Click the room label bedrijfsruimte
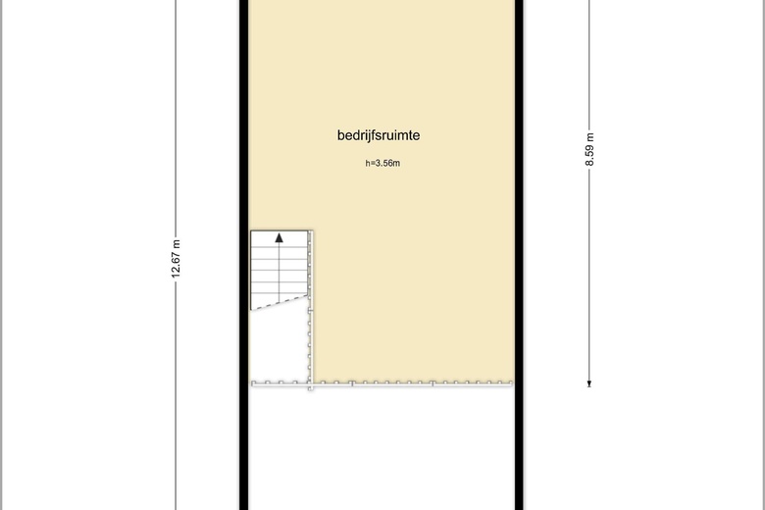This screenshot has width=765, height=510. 379,135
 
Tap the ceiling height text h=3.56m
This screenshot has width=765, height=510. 382,163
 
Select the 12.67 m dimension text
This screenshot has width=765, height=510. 177,259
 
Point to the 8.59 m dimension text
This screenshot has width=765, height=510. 589,149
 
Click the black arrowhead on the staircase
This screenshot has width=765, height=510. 280,237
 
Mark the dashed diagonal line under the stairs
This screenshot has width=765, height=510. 280,302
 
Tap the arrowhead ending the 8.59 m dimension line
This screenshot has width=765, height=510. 589,384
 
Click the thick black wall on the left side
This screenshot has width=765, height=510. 244,255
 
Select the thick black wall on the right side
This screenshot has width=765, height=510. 519,255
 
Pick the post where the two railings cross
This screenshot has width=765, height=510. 310,384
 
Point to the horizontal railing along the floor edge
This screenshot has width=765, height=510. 382,384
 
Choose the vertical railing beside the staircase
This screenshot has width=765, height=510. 310,307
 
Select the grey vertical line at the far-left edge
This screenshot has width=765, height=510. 1,255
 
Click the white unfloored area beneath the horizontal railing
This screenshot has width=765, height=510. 382,448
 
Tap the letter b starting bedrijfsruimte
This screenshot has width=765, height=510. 341,135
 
